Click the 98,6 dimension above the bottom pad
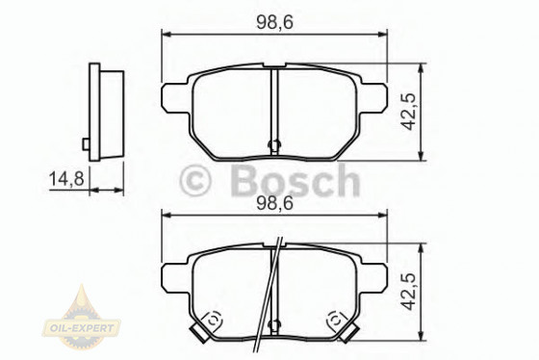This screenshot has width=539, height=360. pos(275,203)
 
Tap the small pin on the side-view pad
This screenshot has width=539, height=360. pos(86,145)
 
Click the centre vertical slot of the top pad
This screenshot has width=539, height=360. pos(274,106)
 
